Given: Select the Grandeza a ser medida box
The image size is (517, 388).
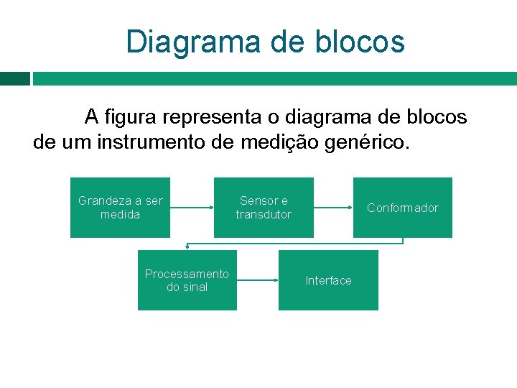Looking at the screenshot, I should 120,208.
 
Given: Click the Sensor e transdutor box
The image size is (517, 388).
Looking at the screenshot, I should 264,208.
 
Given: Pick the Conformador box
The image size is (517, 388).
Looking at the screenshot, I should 402,208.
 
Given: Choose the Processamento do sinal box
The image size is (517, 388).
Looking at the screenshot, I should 187,280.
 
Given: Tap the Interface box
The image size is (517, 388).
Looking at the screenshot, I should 328,280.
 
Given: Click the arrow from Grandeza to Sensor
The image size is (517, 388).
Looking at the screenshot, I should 192,208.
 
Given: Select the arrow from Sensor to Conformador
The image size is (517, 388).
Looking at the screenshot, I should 333,208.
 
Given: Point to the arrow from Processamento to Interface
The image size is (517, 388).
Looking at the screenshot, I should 257,280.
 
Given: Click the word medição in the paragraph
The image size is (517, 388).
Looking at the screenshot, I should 282,142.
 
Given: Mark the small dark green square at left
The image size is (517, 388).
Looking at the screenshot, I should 14,78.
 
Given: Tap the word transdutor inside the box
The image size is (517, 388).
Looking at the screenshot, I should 264,215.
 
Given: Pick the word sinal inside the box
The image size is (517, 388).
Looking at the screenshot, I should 195,287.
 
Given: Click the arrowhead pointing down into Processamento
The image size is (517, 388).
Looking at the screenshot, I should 187,246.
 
